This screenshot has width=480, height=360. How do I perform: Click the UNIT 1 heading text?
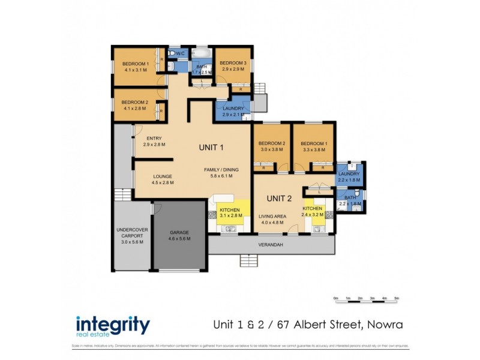pos(211,147)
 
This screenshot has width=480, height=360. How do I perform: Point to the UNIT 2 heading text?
pos(278,198)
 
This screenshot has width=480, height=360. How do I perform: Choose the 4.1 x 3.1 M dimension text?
pos(136,70)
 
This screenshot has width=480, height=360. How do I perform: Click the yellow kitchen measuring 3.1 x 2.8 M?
pos(229,211)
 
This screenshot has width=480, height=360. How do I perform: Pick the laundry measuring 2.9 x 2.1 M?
pos(233,111)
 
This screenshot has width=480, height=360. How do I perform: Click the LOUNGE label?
pos(163,176)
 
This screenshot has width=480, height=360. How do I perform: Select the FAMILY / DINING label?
pos(221,170)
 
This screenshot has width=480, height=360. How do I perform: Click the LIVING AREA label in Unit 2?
pos(272,216)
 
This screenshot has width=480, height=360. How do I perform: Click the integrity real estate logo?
pos(113,326)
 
